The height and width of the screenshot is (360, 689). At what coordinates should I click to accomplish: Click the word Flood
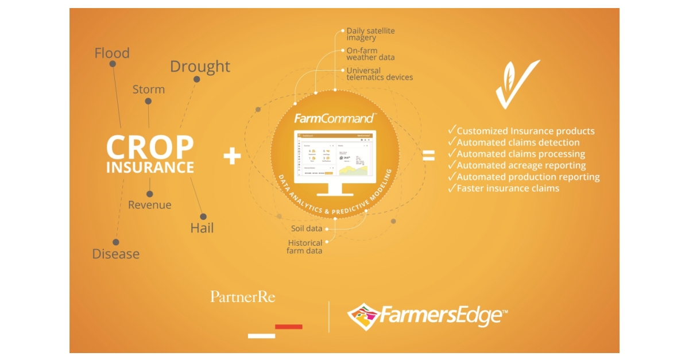pos(112,53)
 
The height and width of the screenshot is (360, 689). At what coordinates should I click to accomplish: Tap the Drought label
pos(200,67)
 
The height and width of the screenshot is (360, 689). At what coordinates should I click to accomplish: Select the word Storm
pos(149,90)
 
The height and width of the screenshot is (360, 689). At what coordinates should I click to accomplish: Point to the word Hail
pos(202,228)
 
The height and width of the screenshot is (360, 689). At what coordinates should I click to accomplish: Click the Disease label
pos(116,254)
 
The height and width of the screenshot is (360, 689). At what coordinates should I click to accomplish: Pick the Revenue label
pos(149,205)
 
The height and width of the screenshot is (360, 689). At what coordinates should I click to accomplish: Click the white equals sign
pos(428,156)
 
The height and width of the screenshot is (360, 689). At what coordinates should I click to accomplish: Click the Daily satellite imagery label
pos(370,34)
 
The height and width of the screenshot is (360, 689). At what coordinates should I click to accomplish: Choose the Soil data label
pos(307,229)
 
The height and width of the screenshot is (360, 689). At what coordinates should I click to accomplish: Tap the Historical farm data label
pos(305,247)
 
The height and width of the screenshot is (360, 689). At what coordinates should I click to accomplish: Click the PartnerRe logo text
pos(242,297)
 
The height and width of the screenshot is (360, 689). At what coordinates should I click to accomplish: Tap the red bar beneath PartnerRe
pos(288,327)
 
